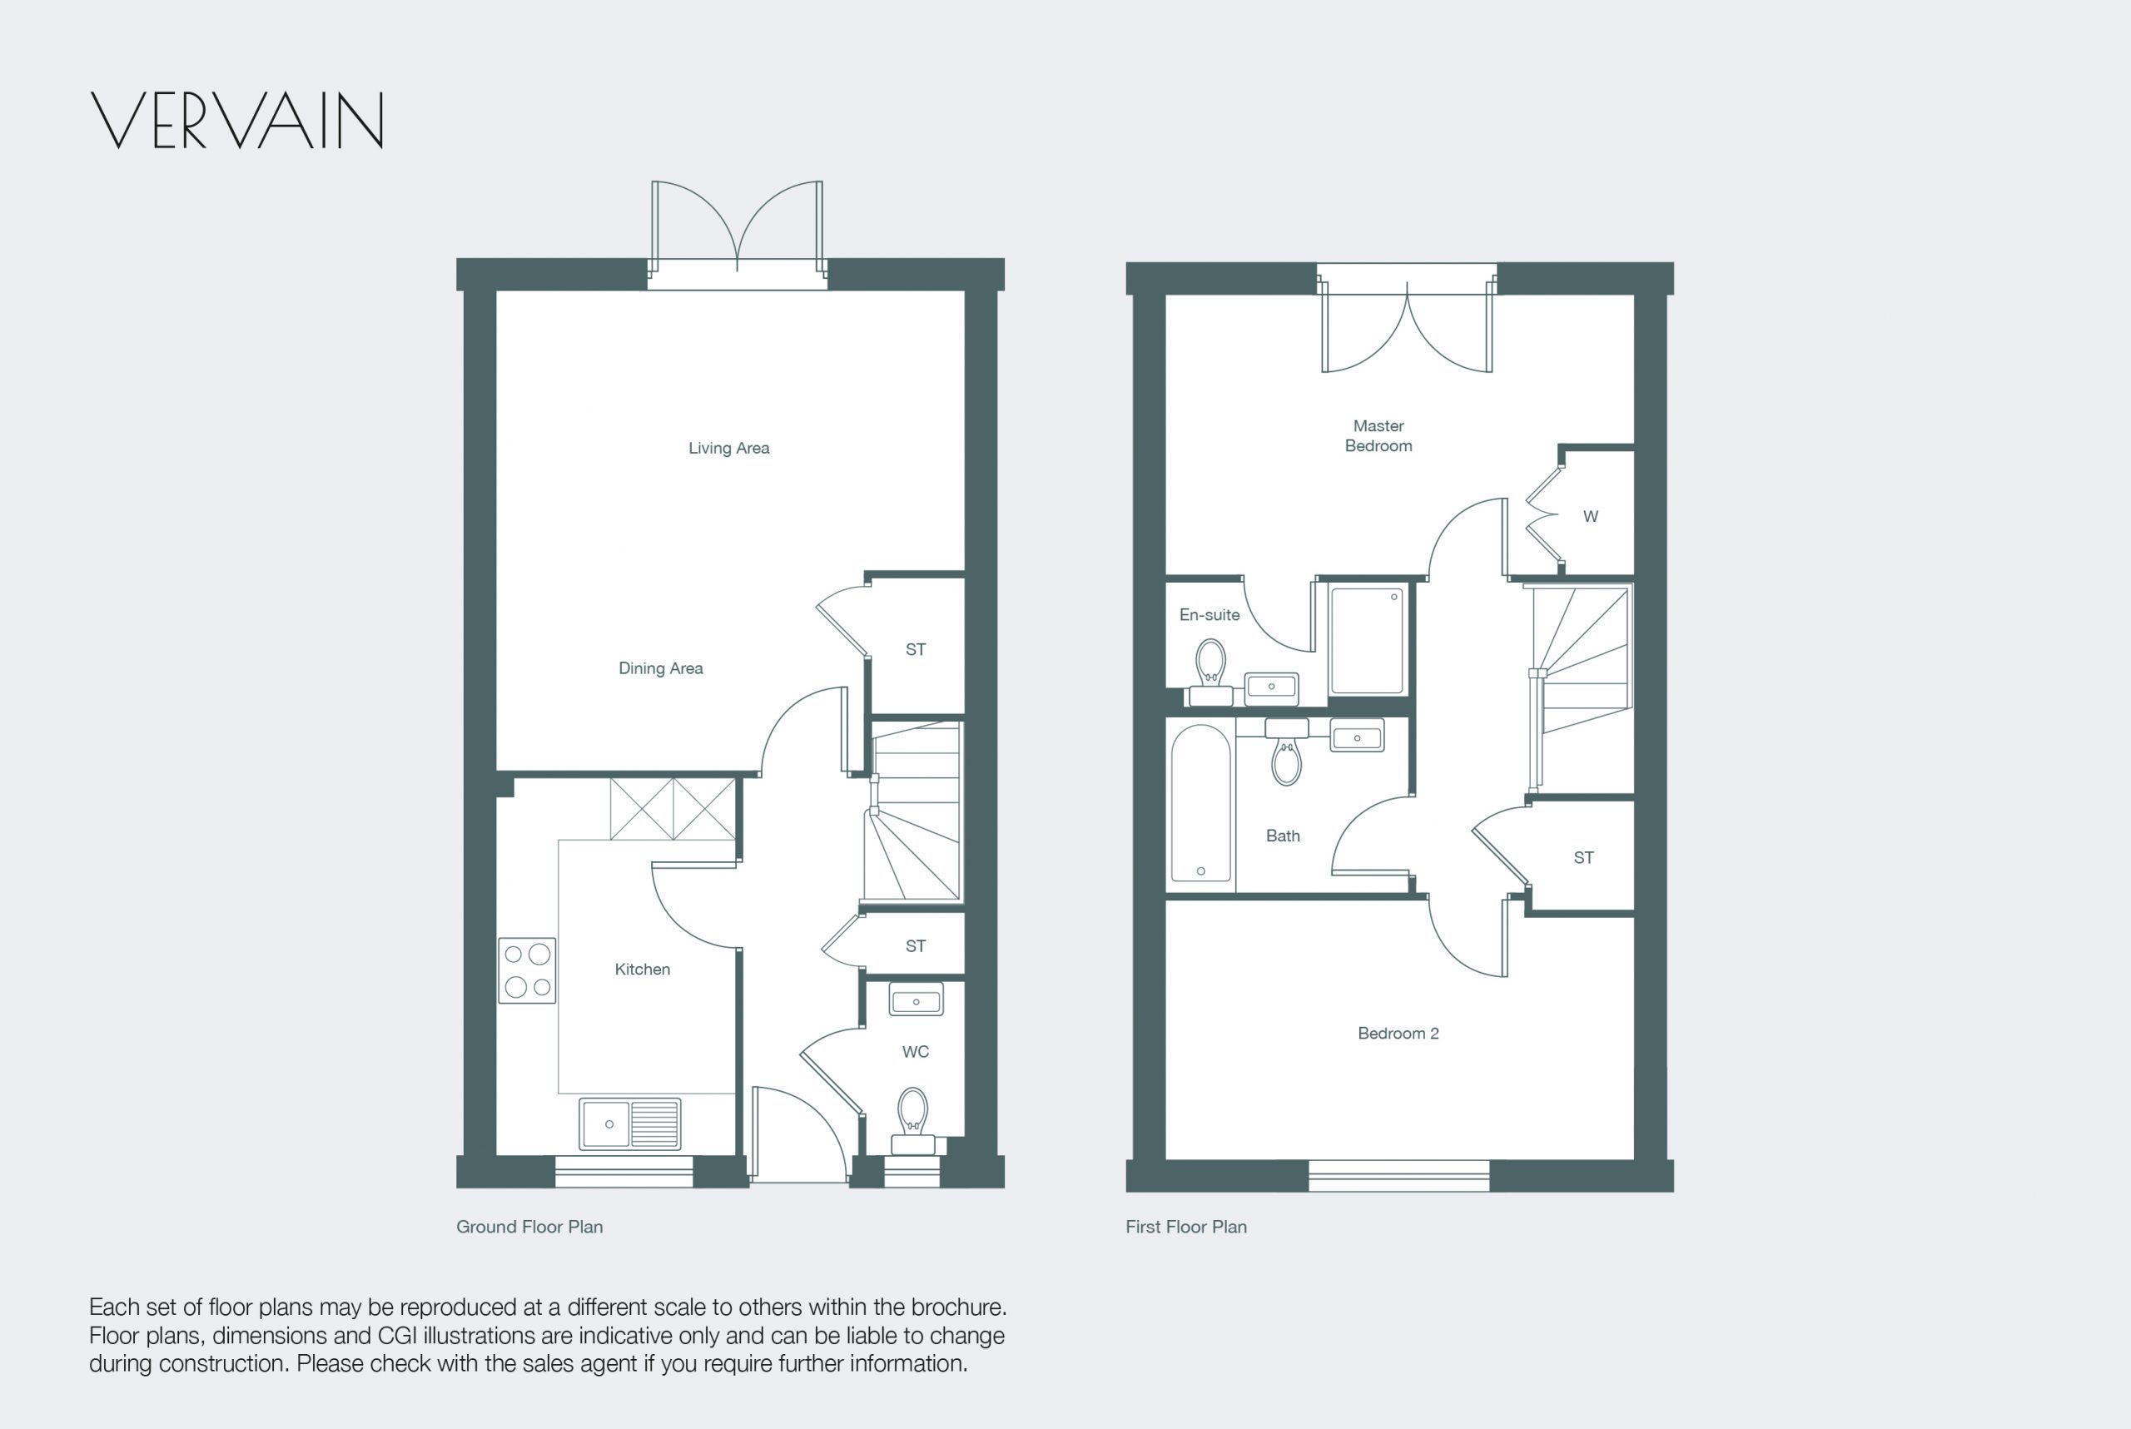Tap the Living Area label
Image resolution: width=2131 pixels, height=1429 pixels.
[728, 448]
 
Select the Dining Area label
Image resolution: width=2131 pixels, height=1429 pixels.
[661, 668]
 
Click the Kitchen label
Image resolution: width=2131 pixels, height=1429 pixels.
[642, 969]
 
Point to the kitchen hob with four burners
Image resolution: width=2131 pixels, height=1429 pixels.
[527, 970]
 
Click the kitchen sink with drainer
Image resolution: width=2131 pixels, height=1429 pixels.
[630, 1124]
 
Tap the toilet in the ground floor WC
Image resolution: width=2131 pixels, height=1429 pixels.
[912, 1120]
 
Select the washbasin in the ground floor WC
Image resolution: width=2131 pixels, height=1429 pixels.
[916, 999]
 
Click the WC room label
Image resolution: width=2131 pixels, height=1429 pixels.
[915, 1052]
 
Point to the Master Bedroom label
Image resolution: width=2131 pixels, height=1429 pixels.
[1378, 435]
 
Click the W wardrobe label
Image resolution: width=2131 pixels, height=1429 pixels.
[1591, 517]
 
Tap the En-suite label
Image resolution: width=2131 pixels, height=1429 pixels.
[1210, 615]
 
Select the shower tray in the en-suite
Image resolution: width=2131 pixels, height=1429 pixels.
[1367, 640]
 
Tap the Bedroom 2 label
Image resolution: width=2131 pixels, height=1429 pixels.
[1398, 1034]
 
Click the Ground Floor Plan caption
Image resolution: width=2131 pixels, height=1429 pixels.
[529, 1227]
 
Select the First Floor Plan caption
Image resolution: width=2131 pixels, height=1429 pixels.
[1186, 1227]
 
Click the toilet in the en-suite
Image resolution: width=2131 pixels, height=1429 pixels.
[1210, 672]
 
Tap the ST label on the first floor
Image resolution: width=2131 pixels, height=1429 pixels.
[1583, 857]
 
